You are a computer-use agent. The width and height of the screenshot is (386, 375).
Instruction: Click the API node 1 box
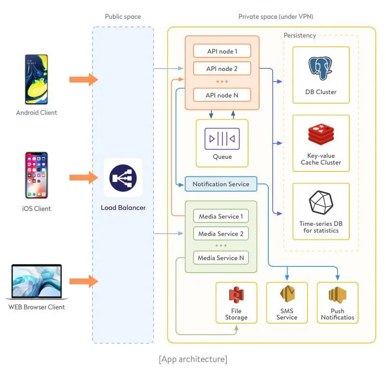pyautogui.click(x=222, y=51)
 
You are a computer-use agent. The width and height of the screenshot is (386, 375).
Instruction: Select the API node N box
pyautogui.click(x=222, y=95)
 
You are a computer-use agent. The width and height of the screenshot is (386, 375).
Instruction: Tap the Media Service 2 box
pyautogui.click(x=221, y=234)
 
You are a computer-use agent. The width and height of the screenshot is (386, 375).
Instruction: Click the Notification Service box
pyautogui.click(x=221, y=184)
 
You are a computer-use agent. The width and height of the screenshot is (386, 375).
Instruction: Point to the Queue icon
pyautogui.click(x=222, y=139)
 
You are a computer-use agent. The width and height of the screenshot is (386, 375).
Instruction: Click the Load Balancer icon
pyautogui.click(x=123, y=178)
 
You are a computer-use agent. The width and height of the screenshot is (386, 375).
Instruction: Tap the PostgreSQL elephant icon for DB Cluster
pyautogui.click(x=321, y=70)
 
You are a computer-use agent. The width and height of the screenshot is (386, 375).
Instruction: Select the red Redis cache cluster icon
pyautogui.click(x=321, y=136)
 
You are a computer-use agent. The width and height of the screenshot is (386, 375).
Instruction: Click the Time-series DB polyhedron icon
pyautogui.click(x=321, y=203)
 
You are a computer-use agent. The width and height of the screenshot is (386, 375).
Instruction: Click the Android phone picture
pyautogui.click(x=37, y=80)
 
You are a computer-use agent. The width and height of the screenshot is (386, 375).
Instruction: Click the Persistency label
pyautogui.click(x=300, y=35)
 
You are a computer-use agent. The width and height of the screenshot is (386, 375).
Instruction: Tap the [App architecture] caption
pyautogui.click(x=193, y=359)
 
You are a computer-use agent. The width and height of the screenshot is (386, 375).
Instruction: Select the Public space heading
pyautogui.click(x=123, y=17)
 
